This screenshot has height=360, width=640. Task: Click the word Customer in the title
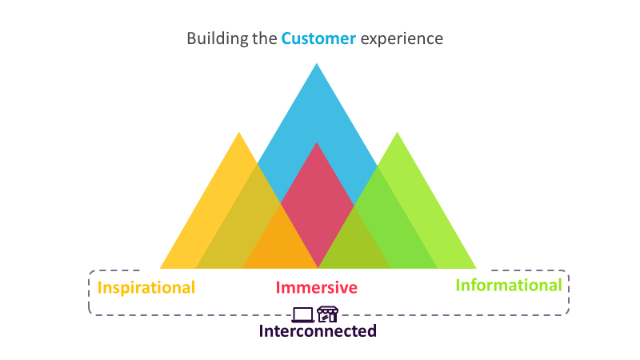(x=318, y=38)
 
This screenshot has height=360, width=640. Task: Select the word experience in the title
(x=402, y=38)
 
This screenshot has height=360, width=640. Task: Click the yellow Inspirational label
(x=146, y=287)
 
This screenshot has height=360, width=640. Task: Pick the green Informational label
(x=509, y=285)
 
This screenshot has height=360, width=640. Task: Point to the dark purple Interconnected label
(x=318, y=330)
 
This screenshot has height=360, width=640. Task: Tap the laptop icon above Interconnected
(x=304, y=314)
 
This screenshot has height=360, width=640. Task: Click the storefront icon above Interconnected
(x=327, y=314)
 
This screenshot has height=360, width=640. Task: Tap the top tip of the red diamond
(x=318, y=145)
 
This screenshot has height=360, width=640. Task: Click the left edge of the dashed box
(x=89, y=293)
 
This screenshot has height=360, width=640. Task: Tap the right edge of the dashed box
(x=569, y=293)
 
